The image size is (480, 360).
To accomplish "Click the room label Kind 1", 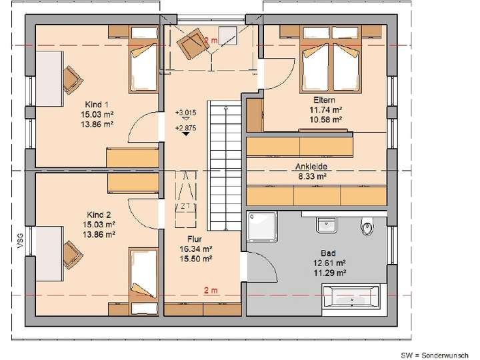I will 97,105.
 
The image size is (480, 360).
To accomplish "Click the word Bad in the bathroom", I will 327,253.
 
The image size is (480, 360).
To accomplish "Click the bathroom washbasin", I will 327,224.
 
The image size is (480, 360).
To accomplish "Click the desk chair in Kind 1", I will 71,78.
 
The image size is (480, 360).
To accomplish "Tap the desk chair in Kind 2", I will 71,251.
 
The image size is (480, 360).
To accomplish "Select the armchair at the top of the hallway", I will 192,44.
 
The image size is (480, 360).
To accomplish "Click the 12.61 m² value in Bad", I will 327,263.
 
